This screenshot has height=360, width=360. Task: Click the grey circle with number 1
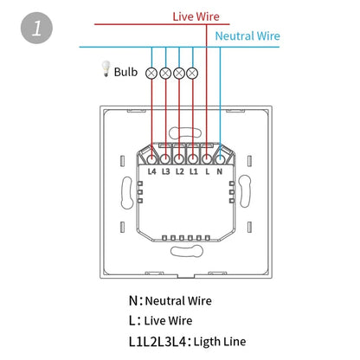[x=36, y=28]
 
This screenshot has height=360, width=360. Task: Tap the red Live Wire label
[x=196, y=16]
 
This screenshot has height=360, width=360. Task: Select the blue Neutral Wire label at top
[x=247, y=36]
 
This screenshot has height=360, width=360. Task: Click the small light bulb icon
[x=106, y=68]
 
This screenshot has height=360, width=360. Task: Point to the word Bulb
[x=125, y=72]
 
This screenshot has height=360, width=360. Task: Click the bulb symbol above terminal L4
[x=151, y=74]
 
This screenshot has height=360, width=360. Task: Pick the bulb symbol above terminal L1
[x=192, y=74]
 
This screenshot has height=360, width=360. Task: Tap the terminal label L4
[x=151, y=171]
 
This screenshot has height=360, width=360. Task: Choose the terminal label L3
[x=166, y=171]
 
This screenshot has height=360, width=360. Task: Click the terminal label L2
[x=180, y=171]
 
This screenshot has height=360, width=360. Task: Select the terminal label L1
[x=194, y=171]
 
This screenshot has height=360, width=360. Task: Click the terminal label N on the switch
[x=220, y=171]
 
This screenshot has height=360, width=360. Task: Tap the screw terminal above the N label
[x=220, y=159]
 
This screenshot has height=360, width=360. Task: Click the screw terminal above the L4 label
[x=151, y=159]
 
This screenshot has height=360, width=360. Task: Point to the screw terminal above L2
[x=179, y=159]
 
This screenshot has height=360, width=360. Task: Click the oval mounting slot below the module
[x=187, y=251]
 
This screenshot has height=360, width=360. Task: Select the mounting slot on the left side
[x=126, y=193]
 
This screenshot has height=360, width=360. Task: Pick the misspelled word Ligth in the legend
[x=207, y=342]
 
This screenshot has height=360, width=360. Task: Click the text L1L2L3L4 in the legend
[x=157, y=342]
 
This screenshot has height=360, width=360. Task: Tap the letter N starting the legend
[x=133, y=301]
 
